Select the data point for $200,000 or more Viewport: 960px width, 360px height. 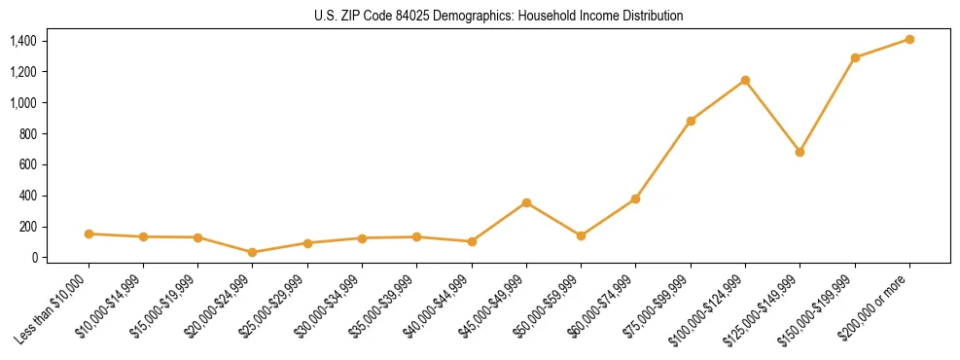tap(909, 39)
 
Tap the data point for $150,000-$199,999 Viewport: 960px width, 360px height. tap(855, 57)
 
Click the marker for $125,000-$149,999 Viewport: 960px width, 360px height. tap(800, 152)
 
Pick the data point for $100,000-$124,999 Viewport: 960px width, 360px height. tap(745, 80)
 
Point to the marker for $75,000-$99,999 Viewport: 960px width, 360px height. tap(691, 121)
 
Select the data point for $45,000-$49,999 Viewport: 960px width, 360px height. tap(526, 202)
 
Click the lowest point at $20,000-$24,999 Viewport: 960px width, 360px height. tap(253, 252)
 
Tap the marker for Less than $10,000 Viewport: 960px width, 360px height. tap(89, 234)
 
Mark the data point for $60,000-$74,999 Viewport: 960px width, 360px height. tap(635, 198)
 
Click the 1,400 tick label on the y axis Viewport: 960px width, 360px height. tap(23, 41)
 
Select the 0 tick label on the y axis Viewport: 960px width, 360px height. tap(34, 258)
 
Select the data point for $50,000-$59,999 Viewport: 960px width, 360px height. tap(581, 235)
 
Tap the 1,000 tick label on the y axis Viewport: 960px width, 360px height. tap(23, 102)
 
